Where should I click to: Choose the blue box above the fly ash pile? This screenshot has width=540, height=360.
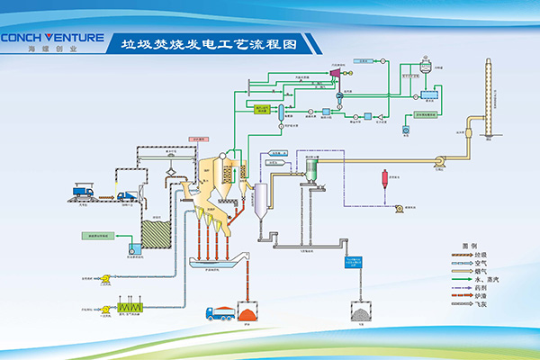click(355, 262)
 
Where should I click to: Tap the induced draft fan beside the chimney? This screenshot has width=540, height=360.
click(441, 162)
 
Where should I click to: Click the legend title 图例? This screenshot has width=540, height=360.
click(466, 246)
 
